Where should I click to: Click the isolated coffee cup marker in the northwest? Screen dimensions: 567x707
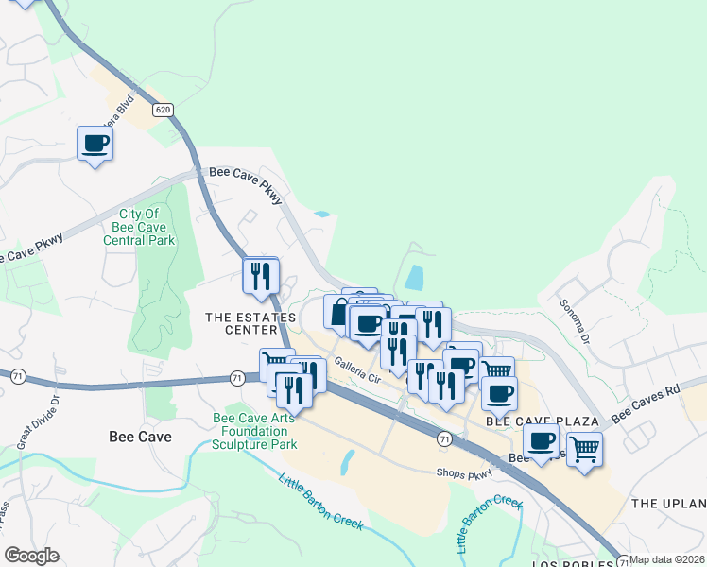pyautogui.click(x=95, y=144)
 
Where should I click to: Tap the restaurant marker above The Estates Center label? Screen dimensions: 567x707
pyautogui.click(x=260, y=276)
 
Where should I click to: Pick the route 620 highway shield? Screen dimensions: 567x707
pyautogui.click(x=164, y=110)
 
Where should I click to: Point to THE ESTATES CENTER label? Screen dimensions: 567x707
pyautogui.click(x=250, y=324)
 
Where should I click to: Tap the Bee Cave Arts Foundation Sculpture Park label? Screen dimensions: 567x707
pyautogui.click(x=255, y=431)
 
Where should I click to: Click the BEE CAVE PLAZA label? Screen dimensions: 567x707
pyautogui.click(x=543, y=420)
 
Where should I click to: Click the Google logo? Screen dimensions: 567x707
pyautogui.click(x=31, y=555)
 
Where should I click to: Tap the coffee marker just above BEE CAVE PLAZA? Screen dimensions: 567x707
pyautogui.click(x=499, y=392)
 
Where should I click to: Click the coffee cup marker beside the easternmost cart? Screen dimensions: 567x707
pyautogui.click(x=543, y=440)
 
